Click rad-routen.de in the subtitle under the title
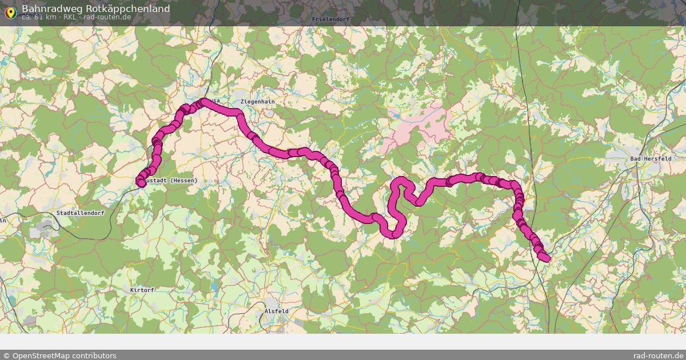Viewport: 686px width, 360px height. click(x=107, y=17)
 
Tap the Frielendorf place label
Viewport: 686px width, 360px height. click(x=330, y=19)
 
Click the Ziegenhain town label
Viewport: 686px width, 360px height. click(x=258, y=102)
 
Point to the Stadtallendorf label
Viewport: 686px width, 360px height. click(x=80, y=213)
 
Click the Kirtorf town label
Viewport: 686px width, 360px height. click(x=142, y=290)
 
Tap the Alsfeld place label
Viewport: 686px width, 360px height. click(x=276, y=311)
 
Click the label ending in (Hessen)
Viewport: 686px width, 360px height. click(x=171, y=181)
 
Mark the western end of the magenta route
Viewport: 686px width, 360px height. click(x=141, y=182)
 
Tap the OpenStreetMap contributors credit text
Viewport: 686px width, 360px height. click(x=59, y=355)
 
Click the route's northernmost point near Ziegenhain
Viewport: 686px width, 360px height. click(x=203, y=102)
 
